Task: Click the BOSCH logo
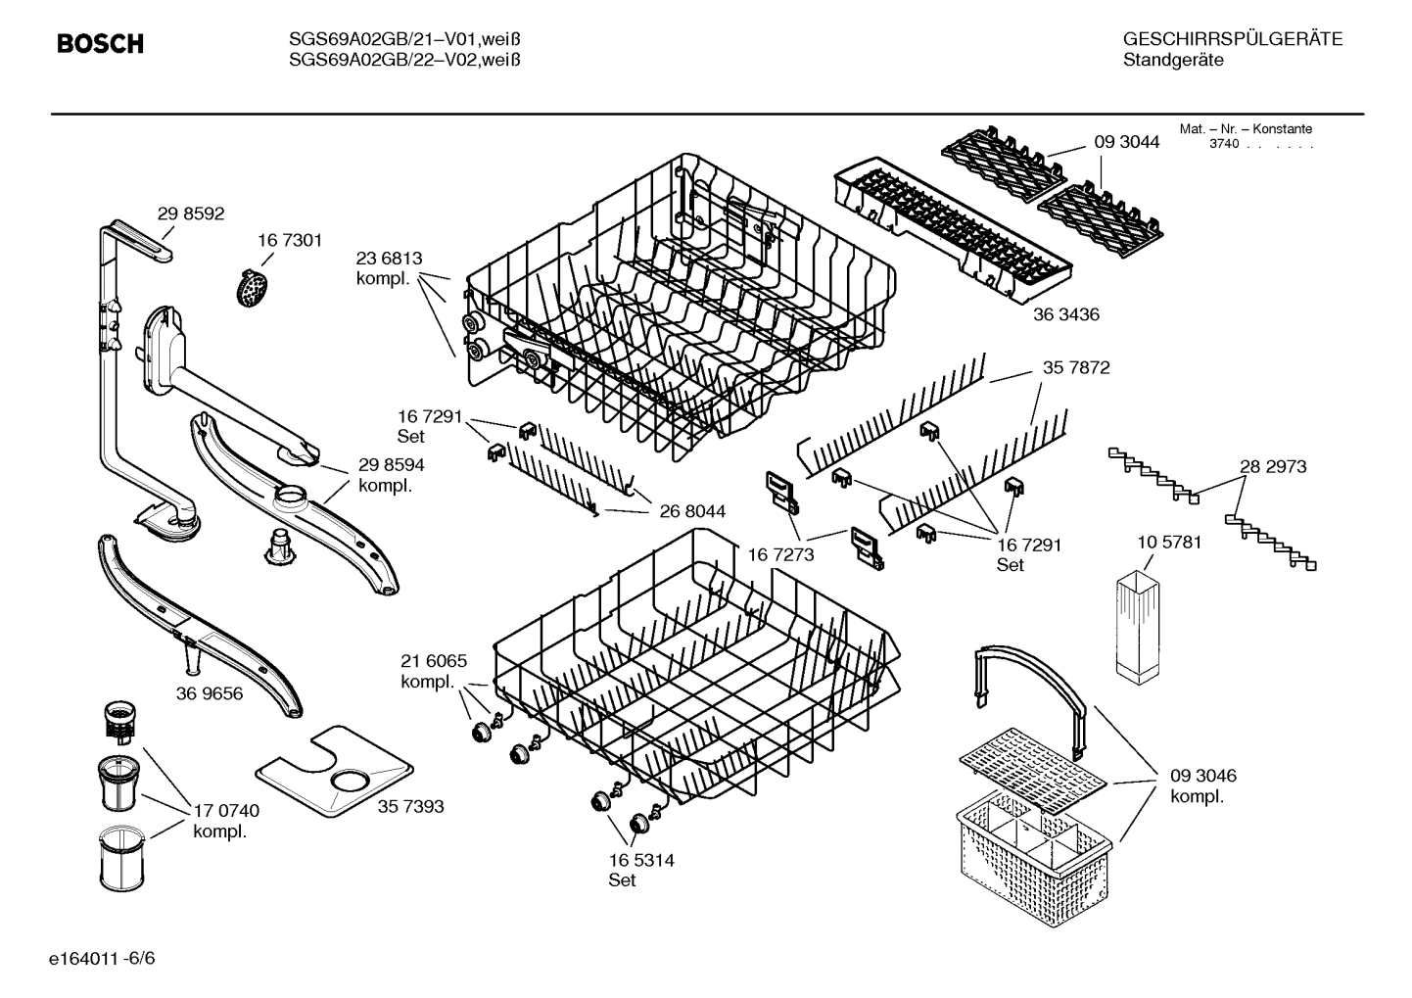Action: pyautogui.click(x=100, y=44)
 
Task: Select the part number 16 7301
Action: pyautogui.click(x=290, y=240)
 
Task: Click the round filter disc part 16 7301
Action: pyautogui.click(x=254, y=288)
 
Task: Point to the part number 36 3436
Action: pyautogui.click(x=1065, y=314)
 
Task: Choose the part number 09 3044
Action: pyautogui.click(x=1126, y=142)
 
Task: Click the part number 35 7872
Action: pyautogui.click(x=1075, y=368)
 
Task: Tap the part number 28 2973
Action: pyautogui.click(x=1273, y=466)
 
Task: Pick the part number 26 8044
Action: pyautogui.click(x=691, y=510)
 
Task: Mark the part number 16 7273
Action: pyautogui.click(x=781, y=554)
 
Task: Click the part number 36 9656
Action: pyautogui.click(x=210, y=693)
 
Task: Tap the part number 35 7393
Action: pyautogui.click(x=410, y=806)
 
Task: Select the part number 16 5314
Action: pyautogui.click(x=640, y=860)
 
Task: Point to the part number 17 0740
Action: pyautogui.click(x=226, y=811)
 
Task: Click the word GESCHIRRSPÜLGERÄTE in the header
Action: pyautogui.click(x=1232, y=39)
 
